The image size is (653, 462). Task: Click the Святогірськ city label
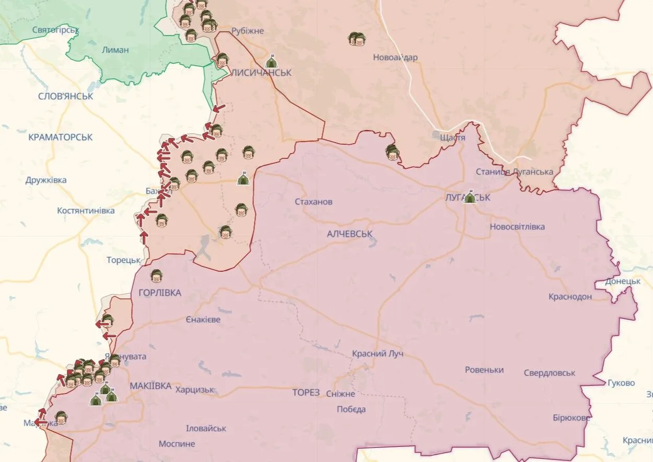click(55, 30)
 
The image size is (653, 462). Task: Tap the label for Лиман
click(116, 50)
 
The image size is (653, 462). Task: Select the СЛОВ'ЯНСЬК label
click(66, 96)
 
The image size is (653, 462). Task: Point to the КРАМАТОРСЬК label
click(61, 137)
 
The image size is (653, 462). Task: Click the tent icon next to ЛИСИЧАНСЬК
click(271, 62)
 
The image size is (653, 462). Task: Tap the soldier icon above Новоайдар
click(357, 39)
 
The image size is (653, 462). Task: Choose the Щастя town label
click(452, 137)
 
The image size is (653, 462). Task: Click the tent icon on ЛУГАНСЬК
click(469, 197)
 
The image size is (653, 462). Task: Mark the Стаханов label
click(313, 202)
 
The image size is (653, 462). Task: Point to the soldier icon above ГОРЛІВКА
click(156, 275)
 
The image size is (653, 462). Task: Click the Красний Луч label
click(377, 354)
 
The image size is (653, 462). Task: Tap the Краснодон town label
click(570, 296)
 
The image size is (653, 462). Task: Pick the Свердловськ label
click(550, 373)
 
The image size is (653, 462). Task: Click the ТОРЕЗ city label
click(306, 392)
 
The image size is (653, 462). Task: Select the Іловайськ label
click(206, 428)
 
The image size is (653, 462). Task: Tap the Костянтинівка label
click(86, 211)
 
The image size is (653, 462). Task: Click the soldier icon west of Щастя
click(392, 152)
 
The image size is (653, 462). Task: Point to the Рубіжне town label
click(248, 31)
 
